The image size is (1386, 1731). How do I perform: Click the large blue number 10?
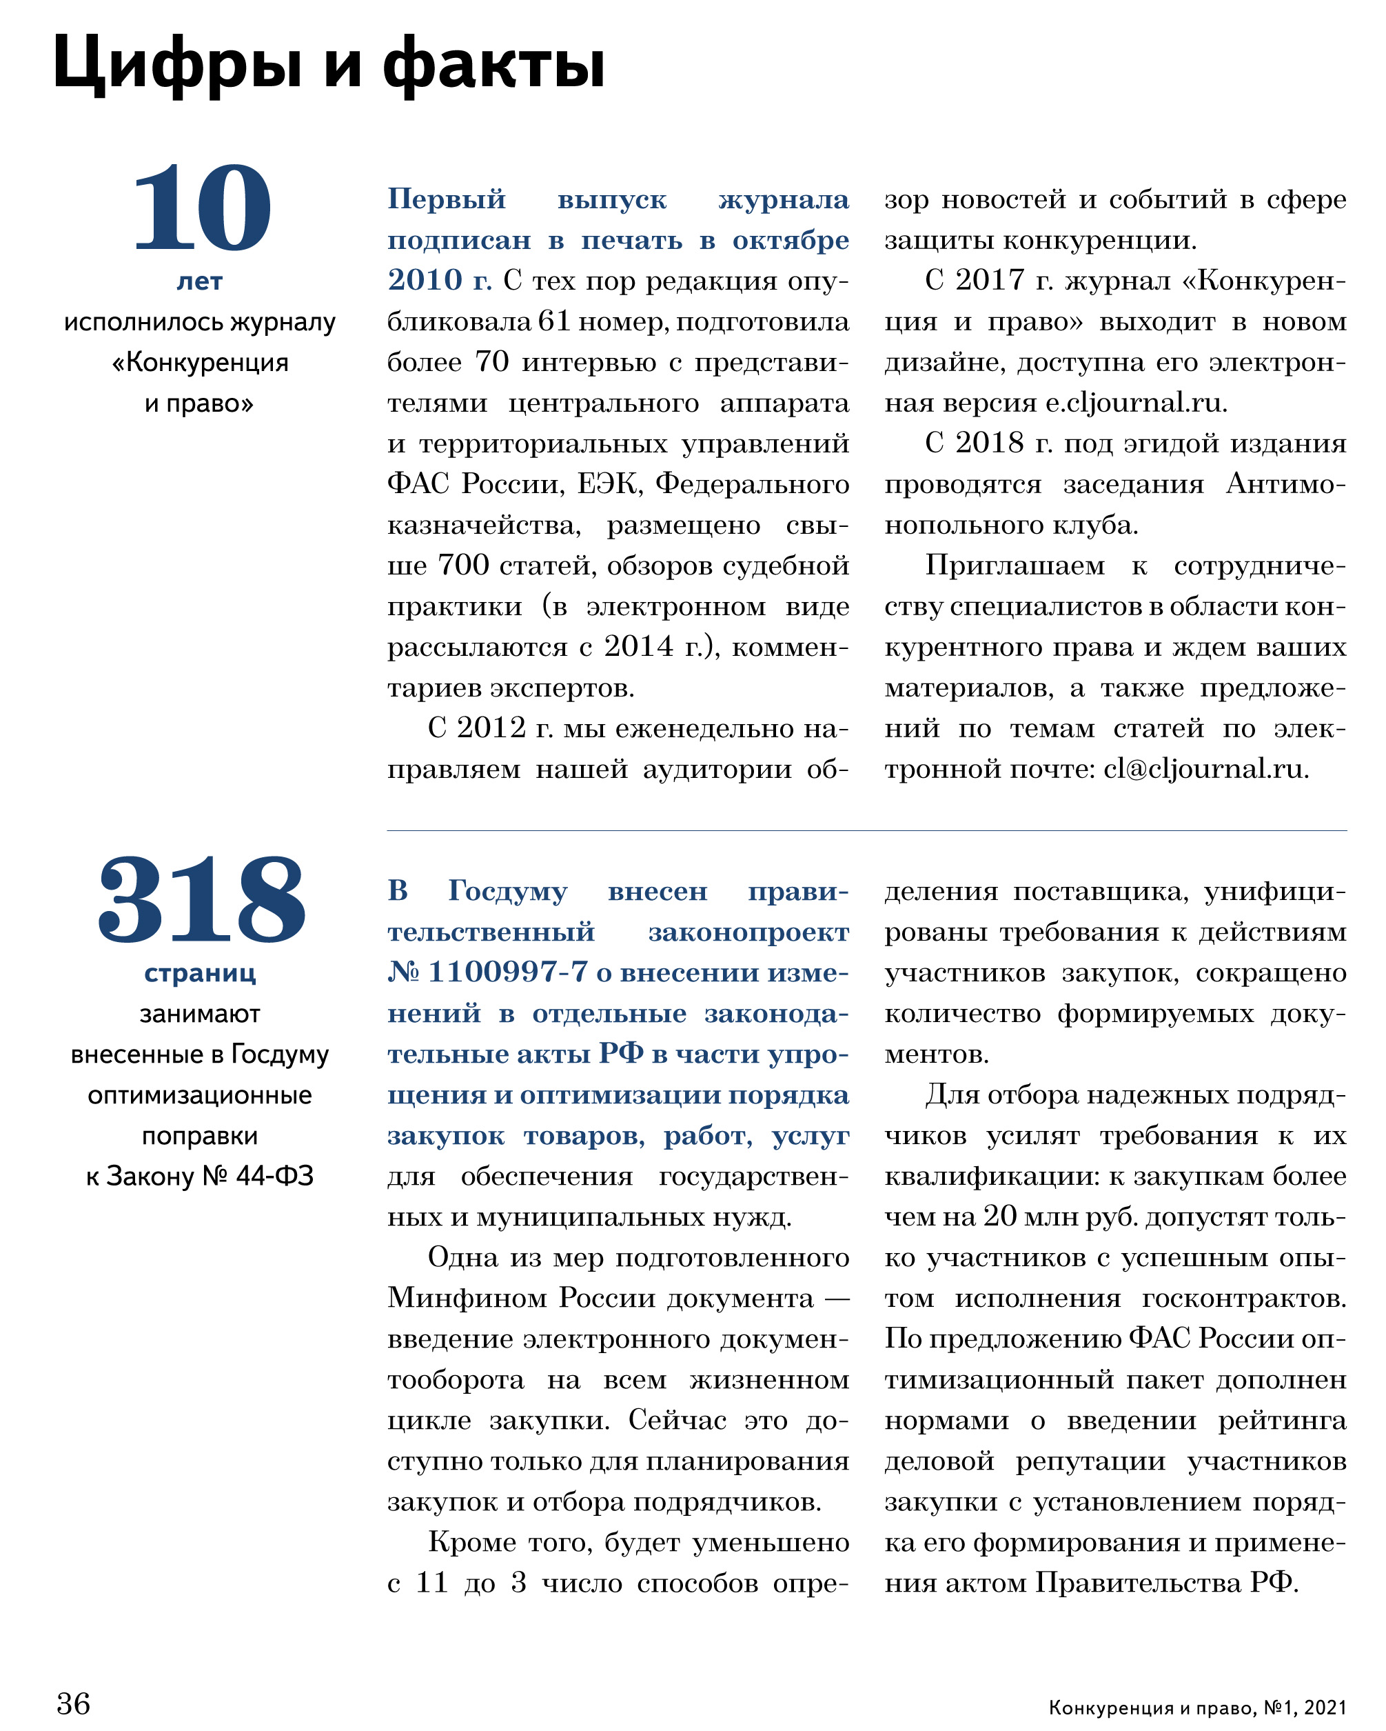tap(201, 208)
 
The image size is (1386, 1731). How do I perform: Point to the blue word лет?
tap(199, 282)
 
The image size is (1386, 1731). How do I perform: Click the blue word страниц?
tap(200, 974)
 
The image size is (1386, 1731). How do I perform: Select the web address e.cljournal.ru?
tap(1135, 403)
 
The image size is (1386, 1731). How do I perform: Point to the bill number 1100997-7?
tap(508, 973)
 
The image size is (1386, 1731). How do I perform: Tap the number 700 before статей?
tap(463, 566)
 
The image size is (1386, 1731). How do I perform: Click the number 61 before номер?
tap(553, 322)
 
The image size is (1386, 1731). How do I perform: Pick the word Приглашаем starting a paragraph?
tap(1015, 566)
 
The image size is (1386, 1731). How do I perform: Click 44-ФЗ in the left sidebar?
tap(274, 1177)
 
